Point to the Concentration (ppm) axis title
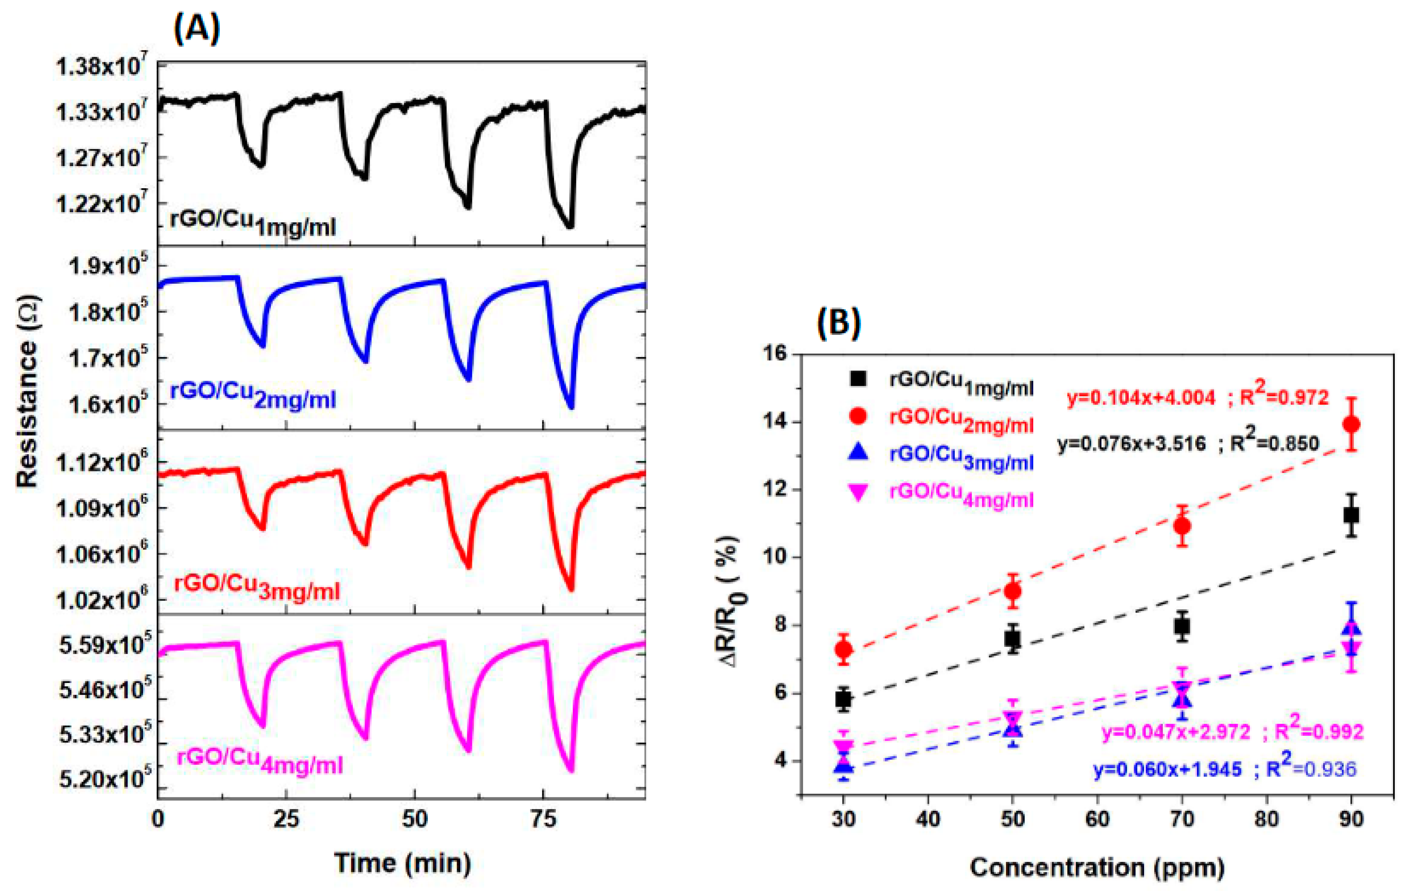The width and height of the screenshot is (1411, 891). pyautogui.click(x=1096, y=867)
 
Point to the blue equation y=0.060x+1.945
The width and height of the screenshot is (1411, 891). pyautogui.click(x=1167, y=769)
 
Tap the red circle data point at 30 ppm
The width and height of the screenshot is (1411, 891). pyautogui.click(x=843, y=649)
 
